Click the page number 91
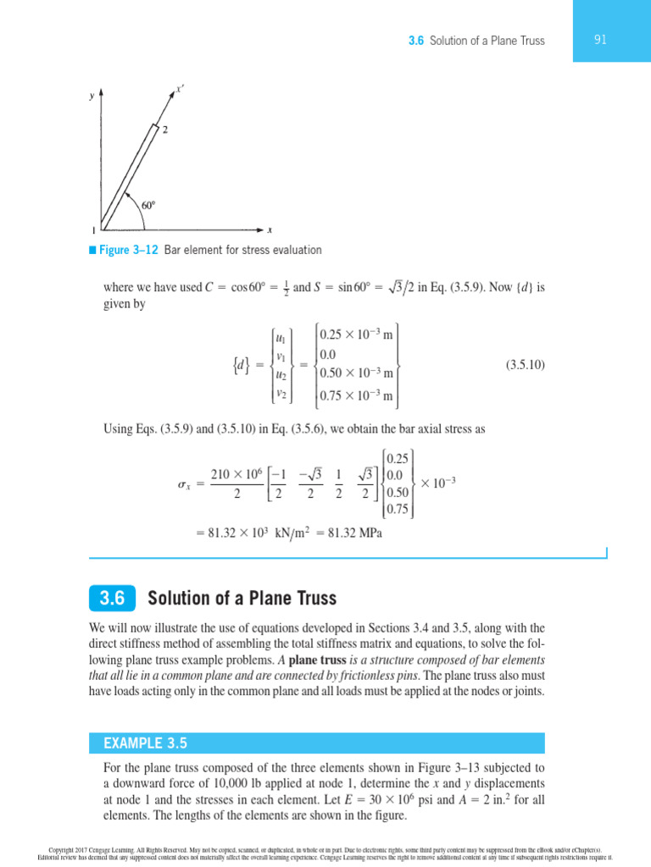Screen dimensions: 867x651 coord(599,40)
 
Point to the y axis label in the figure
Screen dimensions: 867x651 coord(92,97)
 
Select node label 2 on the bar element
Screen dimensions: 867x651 coord(164,130)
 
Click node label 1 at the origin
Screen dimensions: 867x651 coord(93,230)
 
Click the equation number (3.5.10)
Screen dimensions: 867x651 coord(526,365)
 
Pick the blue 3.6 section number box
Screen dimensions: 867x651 coord(112,599)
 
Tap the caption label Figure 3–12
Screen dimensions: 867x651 coord(125,250)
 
